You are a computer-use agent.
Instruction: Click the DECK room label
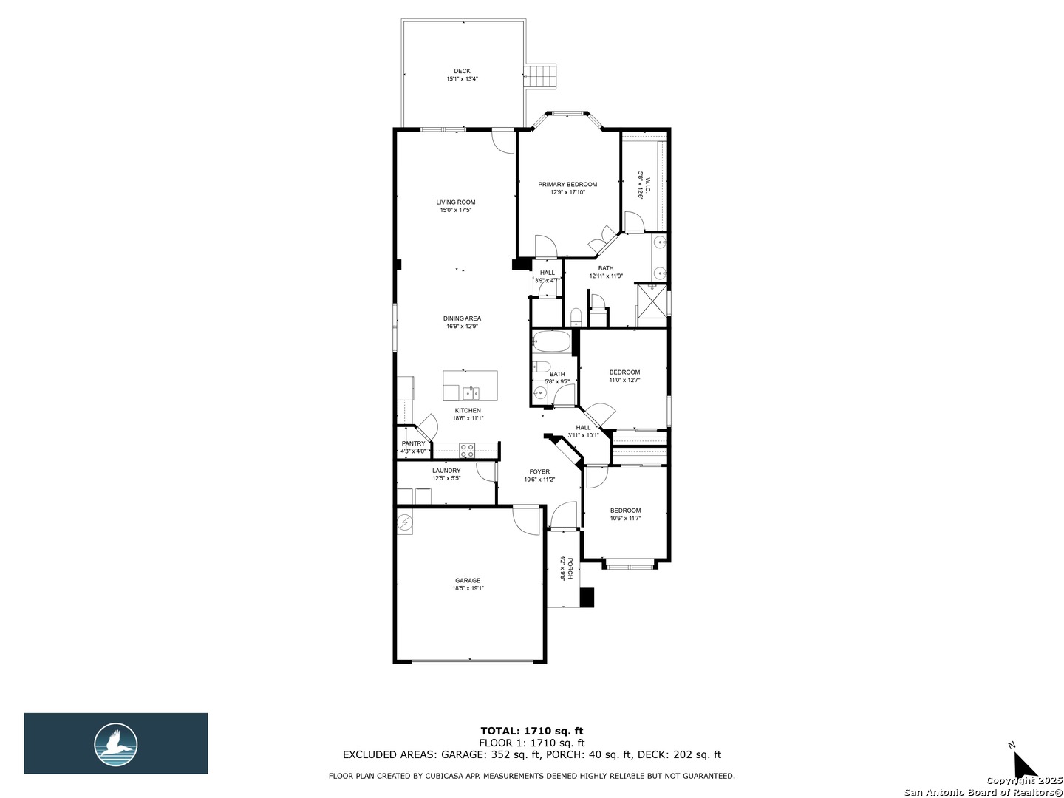click(x=462, y=71)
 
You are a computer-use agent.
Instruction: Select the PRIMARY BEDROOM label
click(x=567, y=185)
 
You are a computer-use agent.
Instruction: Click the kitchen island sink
click(x=470, y=392)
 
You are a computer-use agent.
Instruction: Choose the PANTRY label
click(x=414, y=443)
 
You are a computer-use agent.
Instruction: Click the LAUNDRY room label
click(x=446, y=471)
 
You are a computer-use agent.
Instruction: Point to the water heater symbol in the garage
click(x=404, y=522)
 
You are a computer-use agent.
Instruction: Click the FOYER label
click(x=539, y=471)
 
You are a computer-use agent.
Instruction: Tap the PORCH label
click(x=570, y=569)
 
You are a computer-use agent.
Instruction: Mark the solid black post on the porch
click(x=587, y=598)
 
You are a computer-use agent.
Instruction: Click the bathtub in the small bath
click(x=552, y=341)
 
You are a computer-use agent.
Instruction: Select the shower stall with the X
click(x=652, y=306)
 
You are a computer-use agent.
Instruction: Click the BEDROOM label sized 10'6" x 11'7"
click(x=625, y=510)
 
